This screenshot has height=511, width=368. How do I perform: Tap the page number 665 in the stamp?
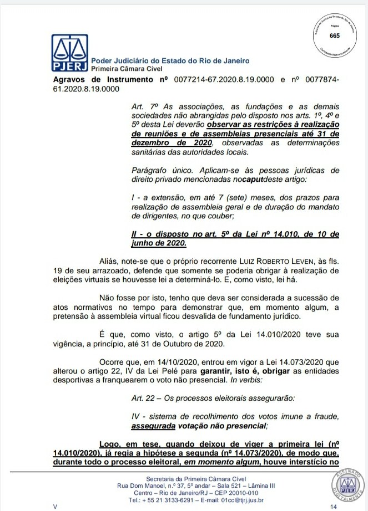335,36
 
